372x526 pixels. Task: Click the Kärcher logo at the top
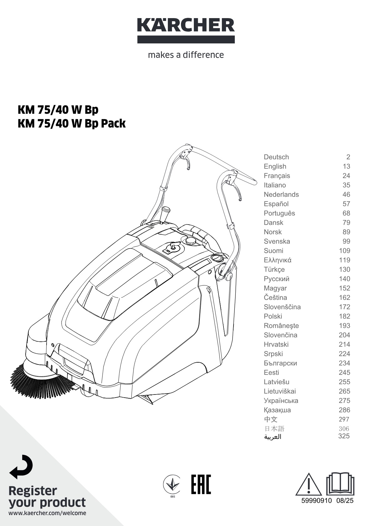[x=186, y=30]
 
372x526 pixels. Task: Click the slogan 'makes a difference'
[x=186, y=55]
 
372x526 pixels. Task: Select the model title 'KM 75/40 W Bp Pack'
[x=72, y=124]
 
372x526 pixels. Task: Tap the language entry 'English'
[x=275, y=166]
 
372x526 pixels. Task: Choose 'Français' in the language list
[x=277, y=176]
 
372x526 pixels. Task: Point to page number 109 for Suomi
[x=344, y=251]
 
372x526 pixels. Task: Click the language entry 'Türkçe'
[x=274, y=269]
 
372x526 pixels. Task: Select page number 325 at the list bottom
[x=344, y=436]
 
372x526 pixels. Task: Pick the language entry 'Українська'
[x=281, y=400]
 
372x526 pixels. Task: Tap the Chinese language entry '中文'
[x=270, y=419]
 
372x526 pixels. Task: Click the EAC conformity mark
[x=201, y=484]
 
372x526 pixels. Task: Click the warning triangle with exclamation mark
[x=308, y=485]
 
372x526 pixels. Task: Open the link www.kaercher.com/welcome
[x=47, y=513]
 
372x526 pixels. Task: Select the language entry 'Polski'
[x=273, y=316]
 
